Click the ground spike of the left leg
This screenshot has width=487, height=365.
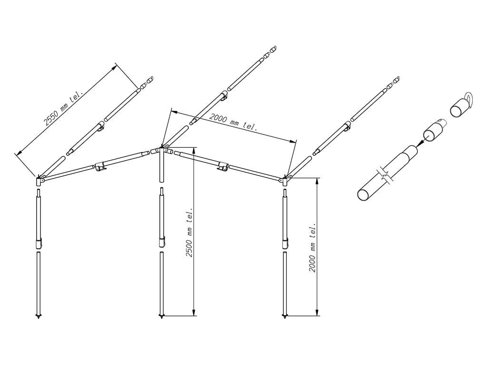(x=38, y=317)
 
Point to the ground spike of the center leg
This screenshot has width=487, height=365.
(x=162, y=317)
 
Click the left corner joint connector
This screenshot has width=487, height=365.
(x=39, y=180)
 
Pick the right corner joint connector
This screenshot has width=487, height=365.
(x=285, y=179)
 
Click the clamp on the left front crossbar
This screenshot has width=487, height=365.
(x=100, y=166)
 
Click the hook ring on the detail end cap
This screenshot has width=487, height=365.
(x=468, y=100)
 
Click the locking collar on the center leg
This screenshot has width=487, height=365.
(x=162, y=242)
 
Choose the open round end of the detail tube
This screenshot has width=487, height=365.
(x=362, y=194)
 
